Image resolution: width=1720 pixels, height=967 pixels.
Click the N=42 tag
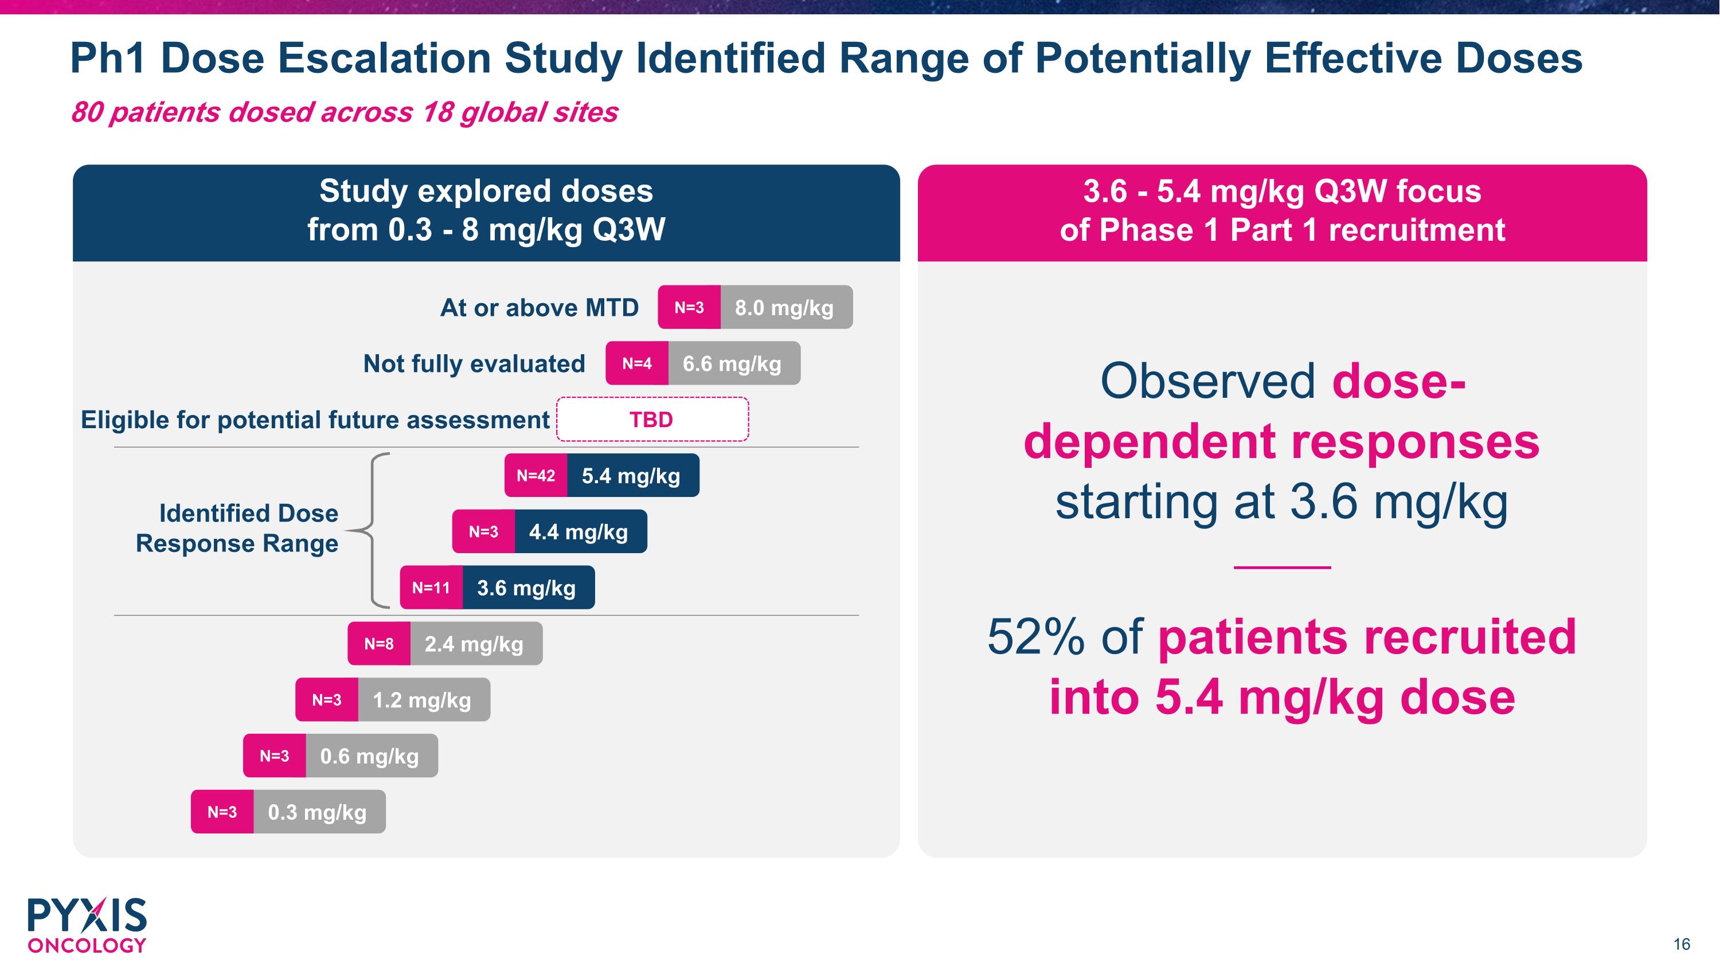[x=535, y=476]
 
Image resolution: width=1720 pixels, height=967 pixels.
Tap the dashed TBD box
[x=652, y=420]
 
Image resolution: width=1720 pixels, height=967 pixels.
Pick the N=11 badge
[x=431, y=588]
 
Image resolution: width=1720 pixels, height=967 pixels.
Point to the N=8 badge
[x=378, y=644]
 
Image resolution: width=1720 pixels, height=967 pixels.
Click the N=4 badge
[x=637, y=364]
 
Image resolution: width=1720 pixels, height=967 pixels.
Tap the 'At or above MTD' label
[x=540, y=308]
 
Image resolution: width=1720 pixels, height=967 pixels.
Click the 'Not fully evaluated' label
[x=474, y=364]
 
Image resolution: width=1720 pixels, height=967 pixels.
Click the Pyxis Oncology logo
[x=87, y=925]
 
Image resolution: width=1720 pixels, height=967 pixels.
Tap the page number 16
[x=1681, y=944]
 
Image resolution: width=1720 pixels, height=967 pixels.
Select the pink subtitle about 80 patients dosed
[x=344, y=112]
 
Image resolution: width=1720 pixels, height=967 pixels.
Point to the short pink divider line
[x=1282, y=567]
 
